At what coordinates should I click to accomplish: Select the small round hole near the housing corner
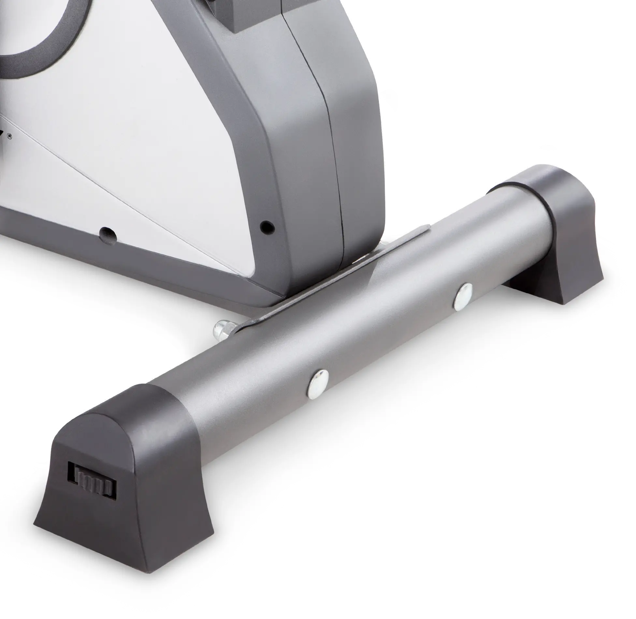[x=267, y=226]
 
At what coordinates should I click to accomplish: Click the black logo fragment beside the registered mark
[x=2, y=134]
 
